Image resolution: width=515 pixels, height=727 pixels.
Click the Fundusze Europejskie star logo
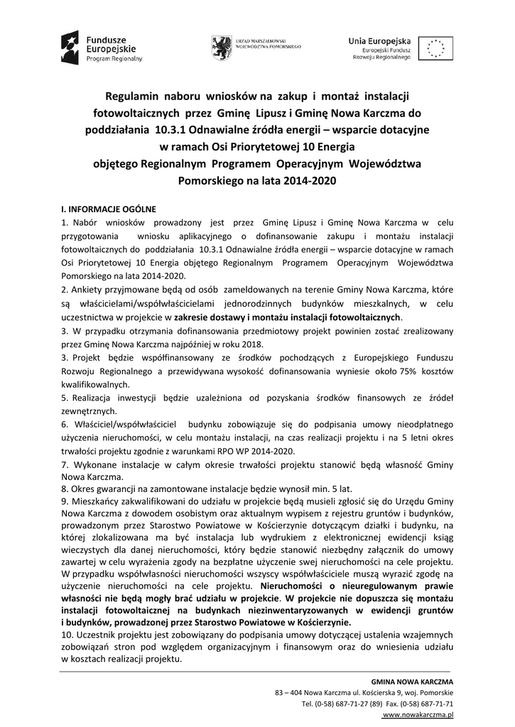70,48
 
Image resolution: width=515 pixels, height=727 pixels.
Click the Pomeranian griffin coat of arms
220,47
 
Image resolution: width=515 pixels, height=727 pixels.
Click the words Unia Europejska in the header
374,41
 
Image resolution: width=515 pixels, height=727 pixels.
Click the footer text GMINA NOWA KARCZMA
418,681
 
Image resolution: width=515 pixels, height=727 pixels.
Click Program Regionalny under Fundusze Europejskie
114,59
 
